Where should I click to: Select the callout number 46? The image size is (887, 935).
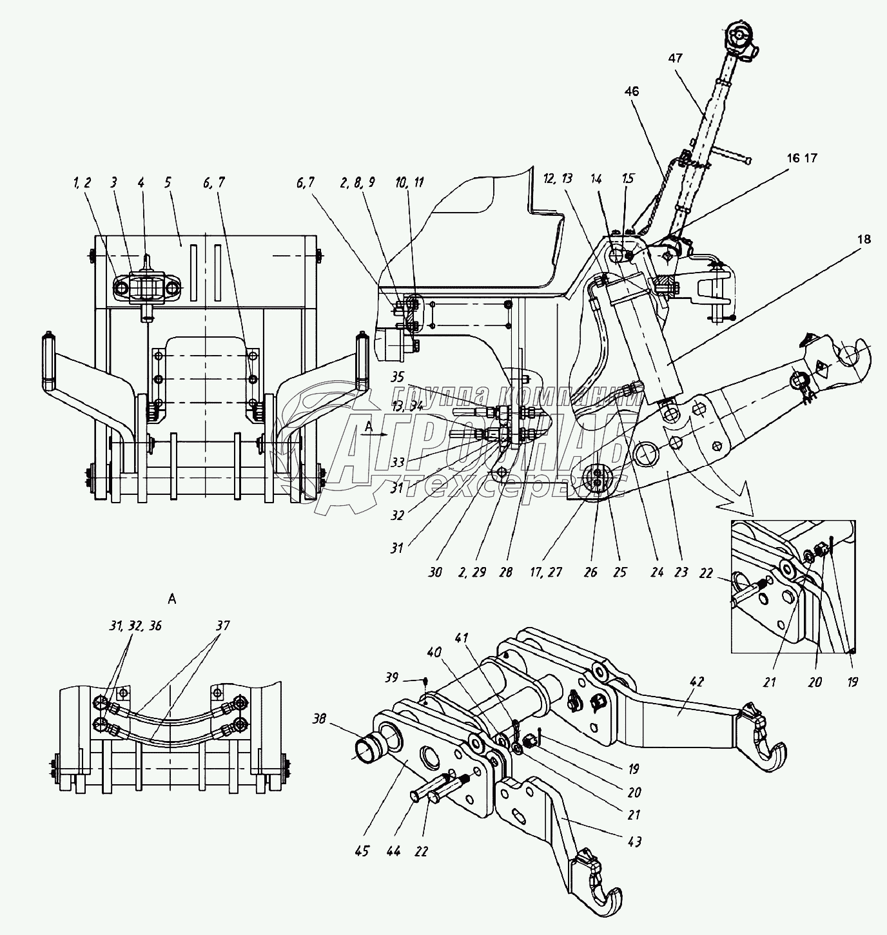tap(631, 92)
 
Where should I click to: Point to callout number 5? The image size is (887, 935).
tap(168, 182)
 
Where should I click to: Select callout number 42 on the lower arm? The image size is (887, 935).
tap(697, 682)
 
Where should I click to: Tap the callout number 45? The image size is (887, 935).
tap(362, 851)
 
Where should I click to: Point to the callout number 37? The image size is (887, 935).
tap(222, 626)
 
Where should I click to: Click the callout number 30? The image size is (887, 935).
tap(435, 572)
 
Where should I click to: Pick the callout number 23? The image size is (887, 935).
tap(681, 572)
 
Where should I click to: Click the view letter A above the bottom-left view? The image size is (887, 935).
tap(171, 599)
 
